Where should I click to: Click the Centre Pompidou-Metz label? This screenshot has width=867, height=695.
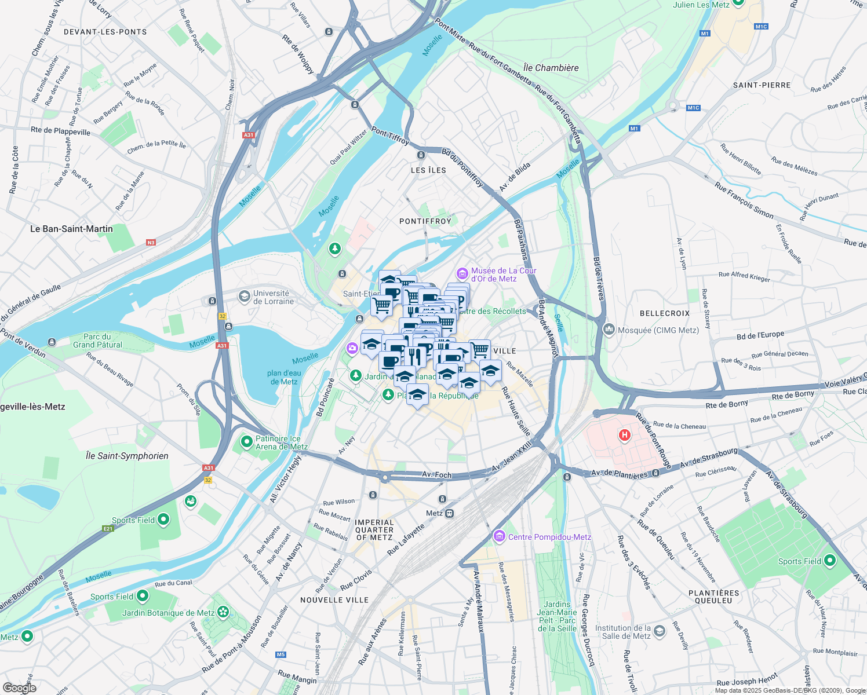point(549,537)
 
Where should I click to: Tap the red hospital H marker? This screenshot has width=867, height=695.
point(624,435)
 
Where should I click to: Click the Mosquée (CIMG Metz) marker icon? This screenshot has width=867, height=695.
point(609,330)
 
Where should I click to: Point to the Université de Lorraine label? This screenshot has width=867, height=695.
point(273,297)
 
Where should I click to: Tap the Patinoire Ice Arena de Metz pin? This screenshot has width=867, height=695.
point(247,442)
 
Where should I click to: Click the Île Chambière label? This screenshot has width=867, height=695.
point(551,68)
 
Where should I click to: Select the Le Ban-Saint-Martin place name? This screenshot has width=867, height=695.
point(71,229)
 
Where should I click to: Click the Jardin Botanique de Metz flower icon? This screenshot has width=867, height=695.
point(223,612)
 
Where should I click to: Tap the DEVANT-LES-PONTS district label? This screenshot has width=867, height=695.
point(105,32)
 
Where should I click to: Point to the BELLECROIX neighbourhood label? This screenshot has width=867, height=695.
point(665,313)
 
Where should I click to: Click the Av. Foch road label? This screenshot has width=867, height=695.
point(436,475)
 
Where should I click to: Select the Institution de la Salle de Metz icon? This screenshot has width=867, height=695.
point(659,631)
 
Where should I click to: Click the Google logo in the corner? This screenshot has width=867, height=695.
point(20,688)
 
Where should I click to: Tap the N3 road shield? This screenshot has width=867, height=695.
point(151,243)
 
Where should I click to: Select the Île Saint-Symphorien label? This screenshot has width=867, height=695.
point(127,456)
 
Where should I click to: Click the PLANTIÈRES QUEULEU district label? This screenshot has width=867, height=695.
point(713,597)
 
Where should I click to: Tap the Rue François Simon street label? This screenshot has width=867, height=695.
point(744,200)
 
